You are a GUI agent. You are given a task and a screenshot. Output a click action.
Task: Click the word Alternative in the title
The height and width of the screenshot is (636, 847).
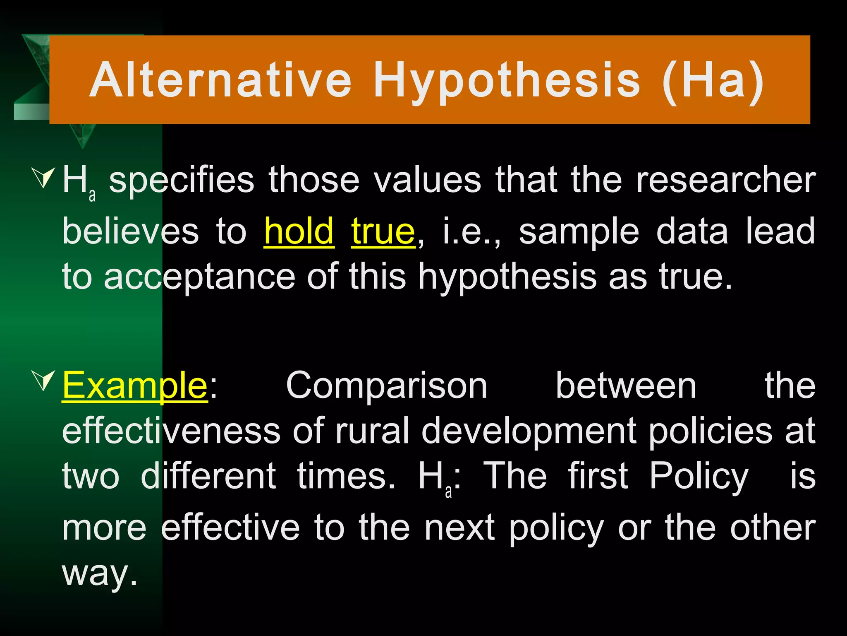220,79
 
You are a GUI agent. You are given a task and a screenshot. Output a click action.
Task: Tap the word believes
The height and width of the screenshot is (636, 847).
130,231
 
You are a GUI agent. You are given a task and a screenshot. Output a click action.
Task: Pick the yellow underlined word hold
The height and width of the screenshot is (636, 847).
299,231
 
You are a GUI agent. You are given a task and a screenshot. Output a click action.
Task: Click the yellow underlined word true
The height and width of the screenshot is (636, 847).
383,231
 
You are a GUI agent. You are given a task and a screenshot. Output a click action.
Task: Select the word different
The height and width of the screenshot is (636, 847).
208,476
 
